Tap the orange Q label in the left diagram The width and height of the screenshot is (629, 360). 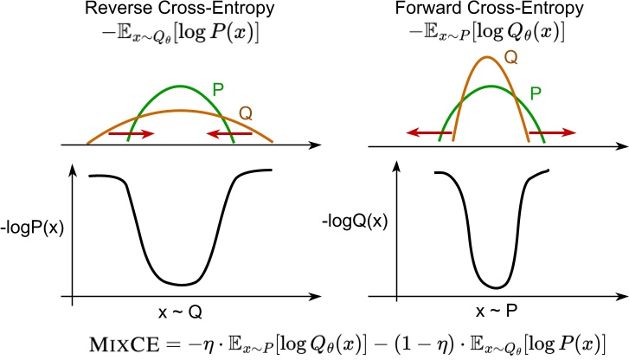pyautogui.click(x=247, y=113)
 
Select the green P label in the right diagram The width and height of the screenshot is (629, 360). pyautogui.click(x=535, y=89)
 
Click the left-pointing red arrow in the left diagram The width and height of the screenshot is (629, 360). pyautogui.click(x=229, y=134)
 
